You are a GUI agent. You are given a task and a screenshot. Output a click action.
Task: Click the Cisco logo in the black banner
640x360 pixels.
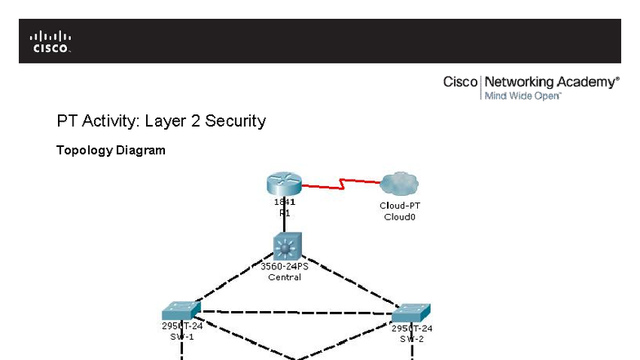51,41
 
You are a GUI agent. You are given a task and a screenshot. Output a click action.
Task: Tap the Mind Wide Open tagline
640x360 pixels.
522,96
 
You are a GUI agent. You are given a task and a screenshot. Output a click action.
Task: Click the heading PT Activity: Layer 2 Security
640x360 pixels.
161,121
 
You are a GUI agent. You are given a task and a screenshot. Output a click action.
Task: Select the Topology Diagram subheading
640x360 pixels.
110,150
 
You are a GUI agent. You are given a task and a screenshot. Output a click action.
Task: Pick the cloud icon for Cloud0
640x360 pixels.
399,184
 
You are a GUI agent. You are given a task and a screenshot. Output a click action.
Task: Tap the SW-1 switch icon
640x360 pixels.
181,310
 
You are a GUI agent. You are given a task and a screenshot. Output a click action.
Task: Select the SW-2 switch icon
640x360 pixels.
411,313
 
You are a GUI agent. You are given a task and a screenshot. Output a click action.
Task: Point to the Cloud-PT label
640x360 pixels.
399,206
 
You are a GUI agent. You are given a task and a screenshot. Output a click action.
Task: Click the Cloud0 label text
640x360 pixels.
399,217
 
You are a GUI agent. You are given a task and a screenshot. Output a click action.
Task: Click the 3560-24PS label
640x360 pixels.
285,266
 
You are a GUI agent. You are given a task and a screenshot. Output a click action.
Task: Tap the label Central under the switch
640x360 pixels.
285,278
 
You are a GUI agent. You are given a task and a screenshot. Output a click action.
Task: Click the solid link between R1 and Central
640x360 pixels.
285,224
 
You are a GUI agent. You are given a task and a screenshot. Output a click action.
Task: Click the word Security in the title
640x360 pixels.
235,121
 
